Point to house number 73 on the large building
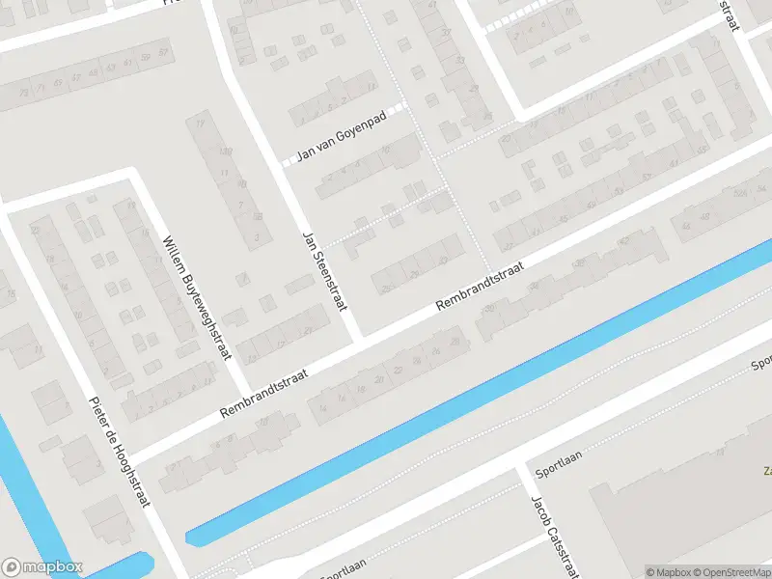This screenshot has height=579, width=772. coord(40,88)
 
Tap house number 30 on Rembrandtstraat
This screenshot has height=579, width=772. coord(489,309)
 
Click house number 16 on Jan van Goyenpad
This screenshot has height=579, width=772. coord(386,151)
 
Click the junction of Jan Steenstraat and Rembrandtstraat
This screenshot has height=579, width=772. coord(358,339)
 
